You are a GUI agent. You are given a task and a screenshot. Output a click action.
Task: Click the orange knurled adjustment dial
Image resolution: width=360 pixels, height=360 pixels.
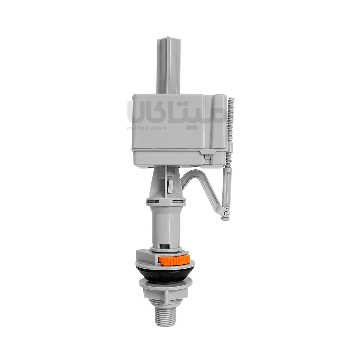174,260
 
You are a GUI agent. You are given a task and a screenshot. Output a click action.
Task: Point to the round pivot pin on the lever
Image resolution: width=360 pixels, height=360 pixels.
226,213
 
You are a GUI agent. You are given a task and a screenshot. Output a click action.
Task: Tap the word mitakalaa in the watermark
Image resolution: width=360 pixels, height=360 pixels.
147,128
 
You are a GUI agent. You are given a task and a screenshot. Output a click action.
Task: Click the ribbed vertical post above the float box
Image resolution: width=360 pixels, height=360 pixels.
168,65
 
